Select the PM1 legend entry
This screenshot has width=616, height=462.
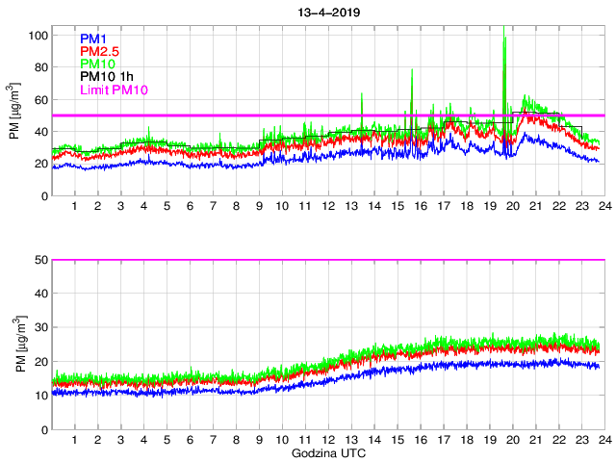click(92, 39)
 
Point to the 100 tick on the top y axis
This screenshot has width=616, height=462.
click(38, 36)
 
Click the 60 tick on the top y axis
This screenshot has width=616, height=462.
click(41, 100)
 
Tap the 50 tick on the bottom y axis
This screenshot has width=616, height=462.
click(41, 260)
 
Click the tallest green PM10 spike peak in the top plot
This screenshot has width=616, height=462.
click(505, 38)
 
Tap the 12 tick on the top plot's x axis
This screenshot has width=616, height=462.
click(328, 207)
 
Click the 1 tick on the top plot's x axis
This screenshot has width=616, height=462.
click(75, 207)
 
